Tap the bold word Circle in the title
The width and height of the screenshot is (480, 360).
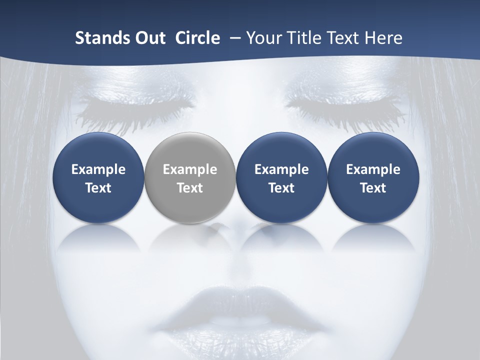coord(197,38)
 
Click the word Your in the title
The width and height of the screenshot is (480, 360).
coord(263,38)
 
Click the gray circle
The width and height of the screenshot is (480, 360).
coord(190,177)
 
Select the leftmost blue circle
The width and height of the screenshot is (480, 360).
coord(98,177)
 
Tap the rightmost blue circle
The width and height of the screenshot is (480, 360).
coord(373,177)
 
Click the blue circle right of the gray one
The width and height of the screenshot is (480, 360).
coord(281,177)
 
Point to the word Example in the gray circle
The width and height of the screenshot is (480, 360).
coord(190,169)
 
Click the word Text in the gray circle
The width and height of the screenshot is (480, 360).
coord(190,188)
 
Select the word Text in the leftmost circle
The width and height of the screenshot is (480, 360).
coord(98,188)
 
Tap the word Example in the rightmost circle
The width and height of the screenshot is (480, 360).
coord(373,169)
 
